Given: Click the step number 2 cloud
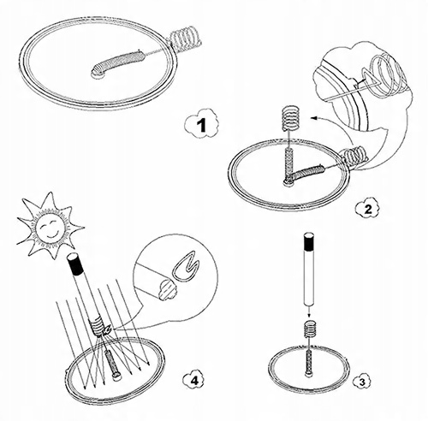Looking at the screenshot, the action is tap(368, 210).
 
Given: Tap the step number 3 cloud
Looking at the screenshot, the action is tap(362, 382).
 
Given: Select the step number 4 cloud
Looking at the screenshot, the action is tap(193, 380).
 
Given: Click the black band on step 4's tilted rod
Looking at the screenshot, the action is tap(76, 265).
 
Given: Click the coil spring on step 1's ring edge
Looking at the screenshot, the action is tap(186, 39).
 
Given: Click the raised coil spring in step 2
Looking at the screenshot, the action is tap(290, 117).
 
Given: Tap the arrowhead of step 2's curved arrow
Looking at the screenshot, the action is tap(314, 117).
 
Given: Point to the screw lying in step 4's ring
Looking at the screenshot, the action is tap(113, 365).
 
